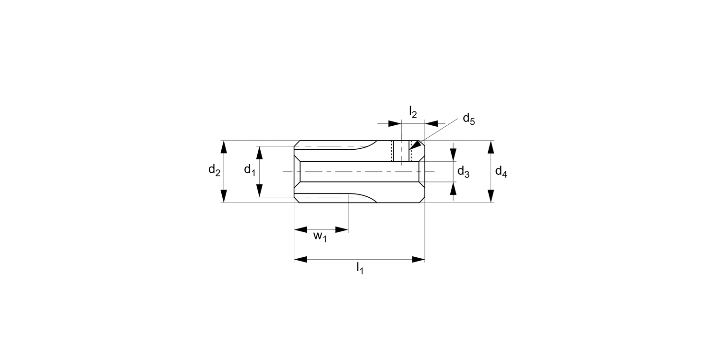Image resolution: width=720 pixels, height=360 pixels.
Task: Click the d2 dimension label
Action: point(214,170)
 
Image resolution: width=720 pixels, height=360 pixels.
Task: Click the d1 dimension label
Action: point(249,169)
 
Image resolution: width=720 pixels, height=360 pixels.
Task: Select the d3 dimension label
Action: point(463,171)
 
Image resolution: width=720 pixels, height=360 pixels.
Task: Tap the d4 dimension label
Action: point(501,171)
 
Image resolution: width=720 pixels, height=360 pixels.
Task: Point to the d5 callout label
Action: point(468,119)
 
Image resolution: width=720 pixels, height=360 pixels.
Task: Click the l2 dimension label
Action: point(413,112)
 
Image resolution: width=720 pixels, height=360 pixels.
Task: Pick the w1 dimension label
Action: point(320,237)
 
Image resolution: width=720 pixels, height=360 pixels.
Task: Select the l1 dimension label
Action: point(360,268)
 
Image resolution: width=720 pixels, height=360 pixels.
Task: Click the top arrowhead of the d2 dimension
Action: point(223,147)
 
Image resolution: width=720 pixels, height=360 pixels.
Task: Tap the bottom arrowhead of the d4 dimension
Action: point(491,196)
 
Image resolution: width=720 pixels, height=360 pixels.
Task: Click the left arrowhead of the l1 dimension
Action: point(300,260)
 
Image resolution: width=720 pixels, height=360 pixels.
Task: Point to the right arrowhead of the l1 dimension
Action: point(419,260)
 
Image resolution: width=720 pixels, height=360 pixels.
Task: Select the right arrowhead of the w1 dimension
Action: point(342,229)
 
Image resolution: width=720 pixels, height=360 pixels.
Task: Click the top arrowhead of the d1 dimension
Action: point(259,152)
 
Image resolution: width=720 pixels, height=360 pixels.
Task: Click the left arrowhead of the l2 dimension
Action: point(395,124)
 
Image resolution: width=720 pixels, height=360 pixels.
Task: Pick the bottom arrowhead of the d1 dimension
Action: point(259,191)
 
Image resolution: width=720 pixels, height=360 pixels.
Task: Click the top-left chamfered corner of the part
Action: point(297,143)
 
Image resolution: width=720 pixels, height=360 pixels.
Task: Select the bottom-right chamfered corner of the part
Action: point(422,200)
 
